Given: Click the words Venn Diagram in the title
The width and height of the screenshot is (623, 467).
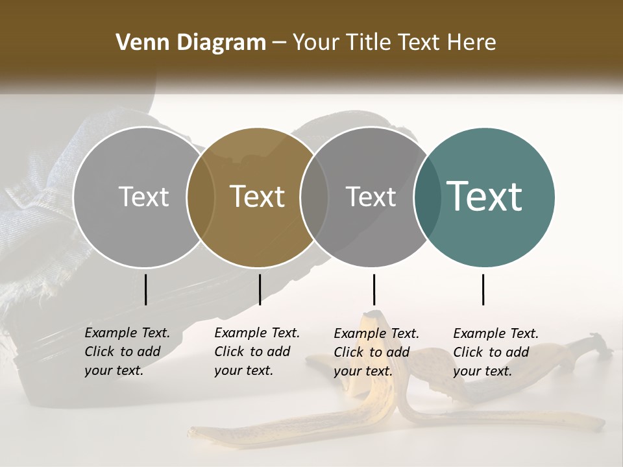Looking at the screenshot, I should (x=191, y=43).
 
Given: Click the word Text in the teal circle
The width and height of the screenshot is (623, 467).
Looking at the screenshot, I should (x=484, y=196).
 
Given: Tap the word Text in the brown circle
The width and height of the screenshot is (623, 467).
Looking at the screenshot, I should (x=258, y=196).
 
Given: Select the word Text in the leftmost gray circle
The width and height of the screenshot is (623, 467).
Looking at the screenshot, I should (x=143, y=197).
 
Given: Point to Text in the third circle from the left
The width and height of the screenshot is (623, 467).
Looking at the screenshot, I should (x=371, y=197).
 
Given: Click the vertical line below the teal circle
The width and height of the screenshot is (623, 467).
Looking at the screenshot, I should (x=483, y=289).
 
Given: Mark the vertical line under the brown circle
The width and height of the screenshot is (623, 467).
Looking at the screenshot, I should (x=260, y=289).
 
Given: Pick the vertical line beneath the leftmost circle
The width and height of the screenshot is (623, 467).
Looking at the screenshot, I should (x=146, y=289).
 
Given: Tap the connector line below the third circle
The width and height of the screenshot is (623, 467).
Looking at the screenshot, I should (x=374, y=289).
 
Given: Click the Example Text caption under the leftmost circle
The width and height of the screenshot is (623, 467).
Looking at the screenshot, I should (x=127, y=352).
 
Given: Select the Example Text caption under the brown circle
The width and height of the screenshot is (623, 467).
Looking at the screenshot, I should (x=256, y=352).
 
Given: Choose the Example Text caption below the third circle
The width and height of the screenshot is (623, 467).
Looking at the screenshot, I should (x=376, y=352).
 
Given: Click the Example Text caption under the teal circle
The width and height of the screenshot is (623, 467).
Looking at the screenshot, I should (x=495, y=352).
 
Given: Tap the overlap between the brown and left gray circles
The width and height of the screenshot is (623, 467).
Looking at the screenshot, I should (x=201, y=197).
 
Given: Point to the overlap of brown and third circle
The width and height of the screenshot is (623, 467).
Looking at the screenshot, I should (x=314, y=197).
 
